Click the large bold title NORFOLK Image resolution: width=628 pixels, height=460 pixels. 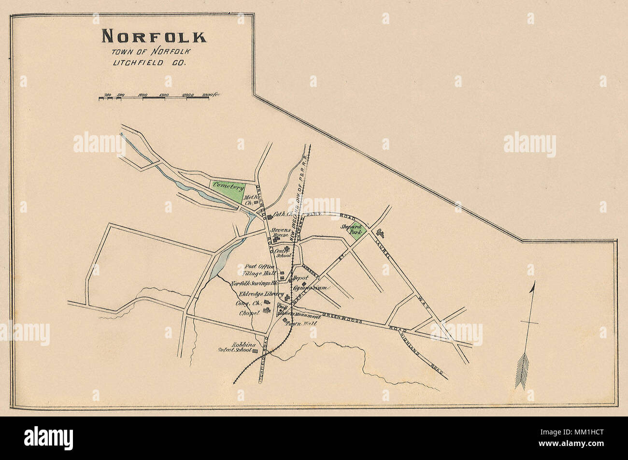coord(154,37)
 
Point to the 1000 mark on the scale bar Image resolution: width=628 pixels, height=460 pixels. coord(143,95)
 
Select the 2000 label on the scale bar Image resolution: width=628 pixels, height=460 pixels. coord(188,95)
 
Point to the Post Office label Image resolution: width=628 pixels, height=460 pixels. coord(259,267)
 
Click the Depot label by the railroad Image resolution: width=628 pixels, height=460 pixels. coord(296,278)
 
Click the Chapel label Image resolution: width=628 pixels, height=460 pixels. coord(250,313)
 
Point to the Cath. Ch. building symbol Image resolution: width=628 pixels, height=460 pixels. coord(270,217)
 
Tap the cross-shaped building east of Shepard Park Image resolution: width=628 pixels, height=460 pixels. coord(380,233)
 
